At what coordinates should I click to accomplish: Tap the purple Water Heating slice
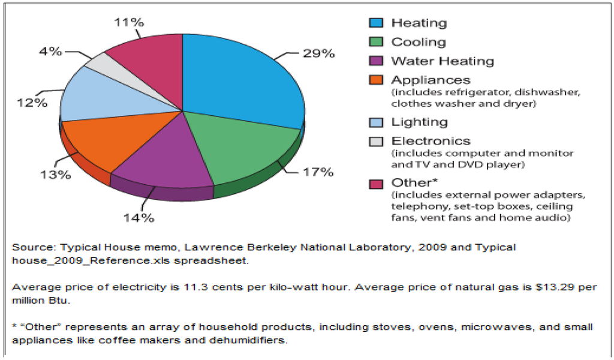click(159, 159)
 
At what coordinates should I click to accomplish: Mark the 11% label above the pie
click(128, 22)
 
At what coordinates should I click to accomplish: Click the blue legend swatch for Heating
click(376, 23)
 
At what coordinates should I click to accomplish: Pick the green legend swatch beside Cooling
click(376, 42)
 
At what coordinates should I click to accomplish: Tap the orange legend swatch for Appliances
click(376, 80)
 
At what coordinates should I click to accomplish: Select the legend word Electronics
click(431, 141)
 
